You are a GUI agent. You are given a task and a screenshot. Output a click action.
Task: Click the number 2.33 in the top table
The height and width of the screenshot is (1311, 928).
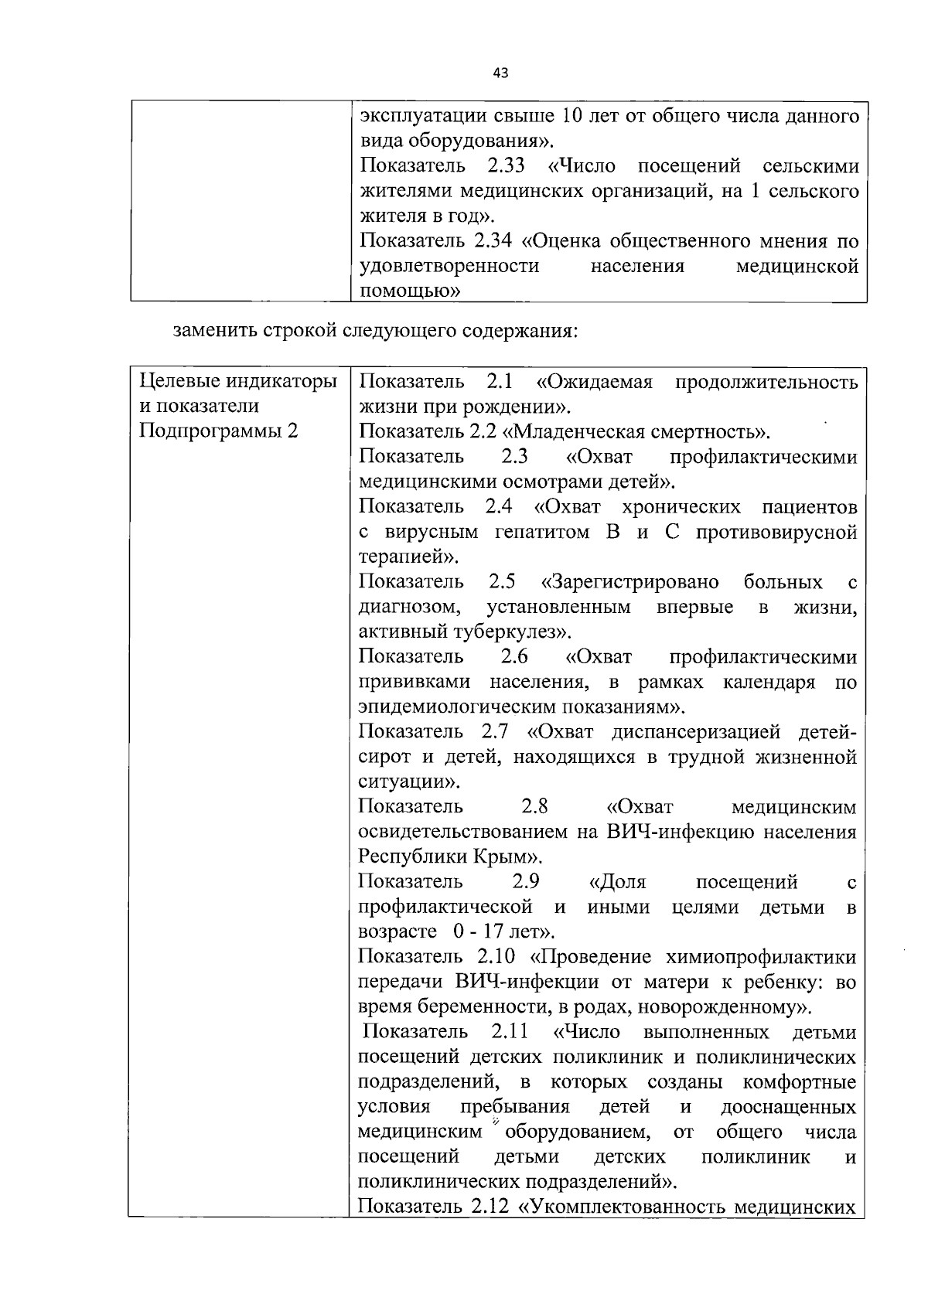[507, 166]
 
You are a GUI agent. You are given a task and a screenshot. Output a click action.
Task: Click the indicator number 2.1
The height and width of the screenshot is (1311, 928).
[500, 382]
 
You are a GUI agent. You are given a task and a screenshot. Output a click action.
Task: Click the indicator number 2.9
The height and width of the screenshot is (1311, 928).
[526, 882]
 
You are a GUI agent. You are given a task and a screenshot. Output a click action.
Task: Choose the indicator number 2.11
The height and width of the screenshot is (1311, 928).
[509, 1033]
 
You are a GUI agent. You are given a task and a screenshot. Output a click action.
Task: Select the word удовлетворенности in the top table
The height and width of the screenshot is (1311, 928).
[449, 267]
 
